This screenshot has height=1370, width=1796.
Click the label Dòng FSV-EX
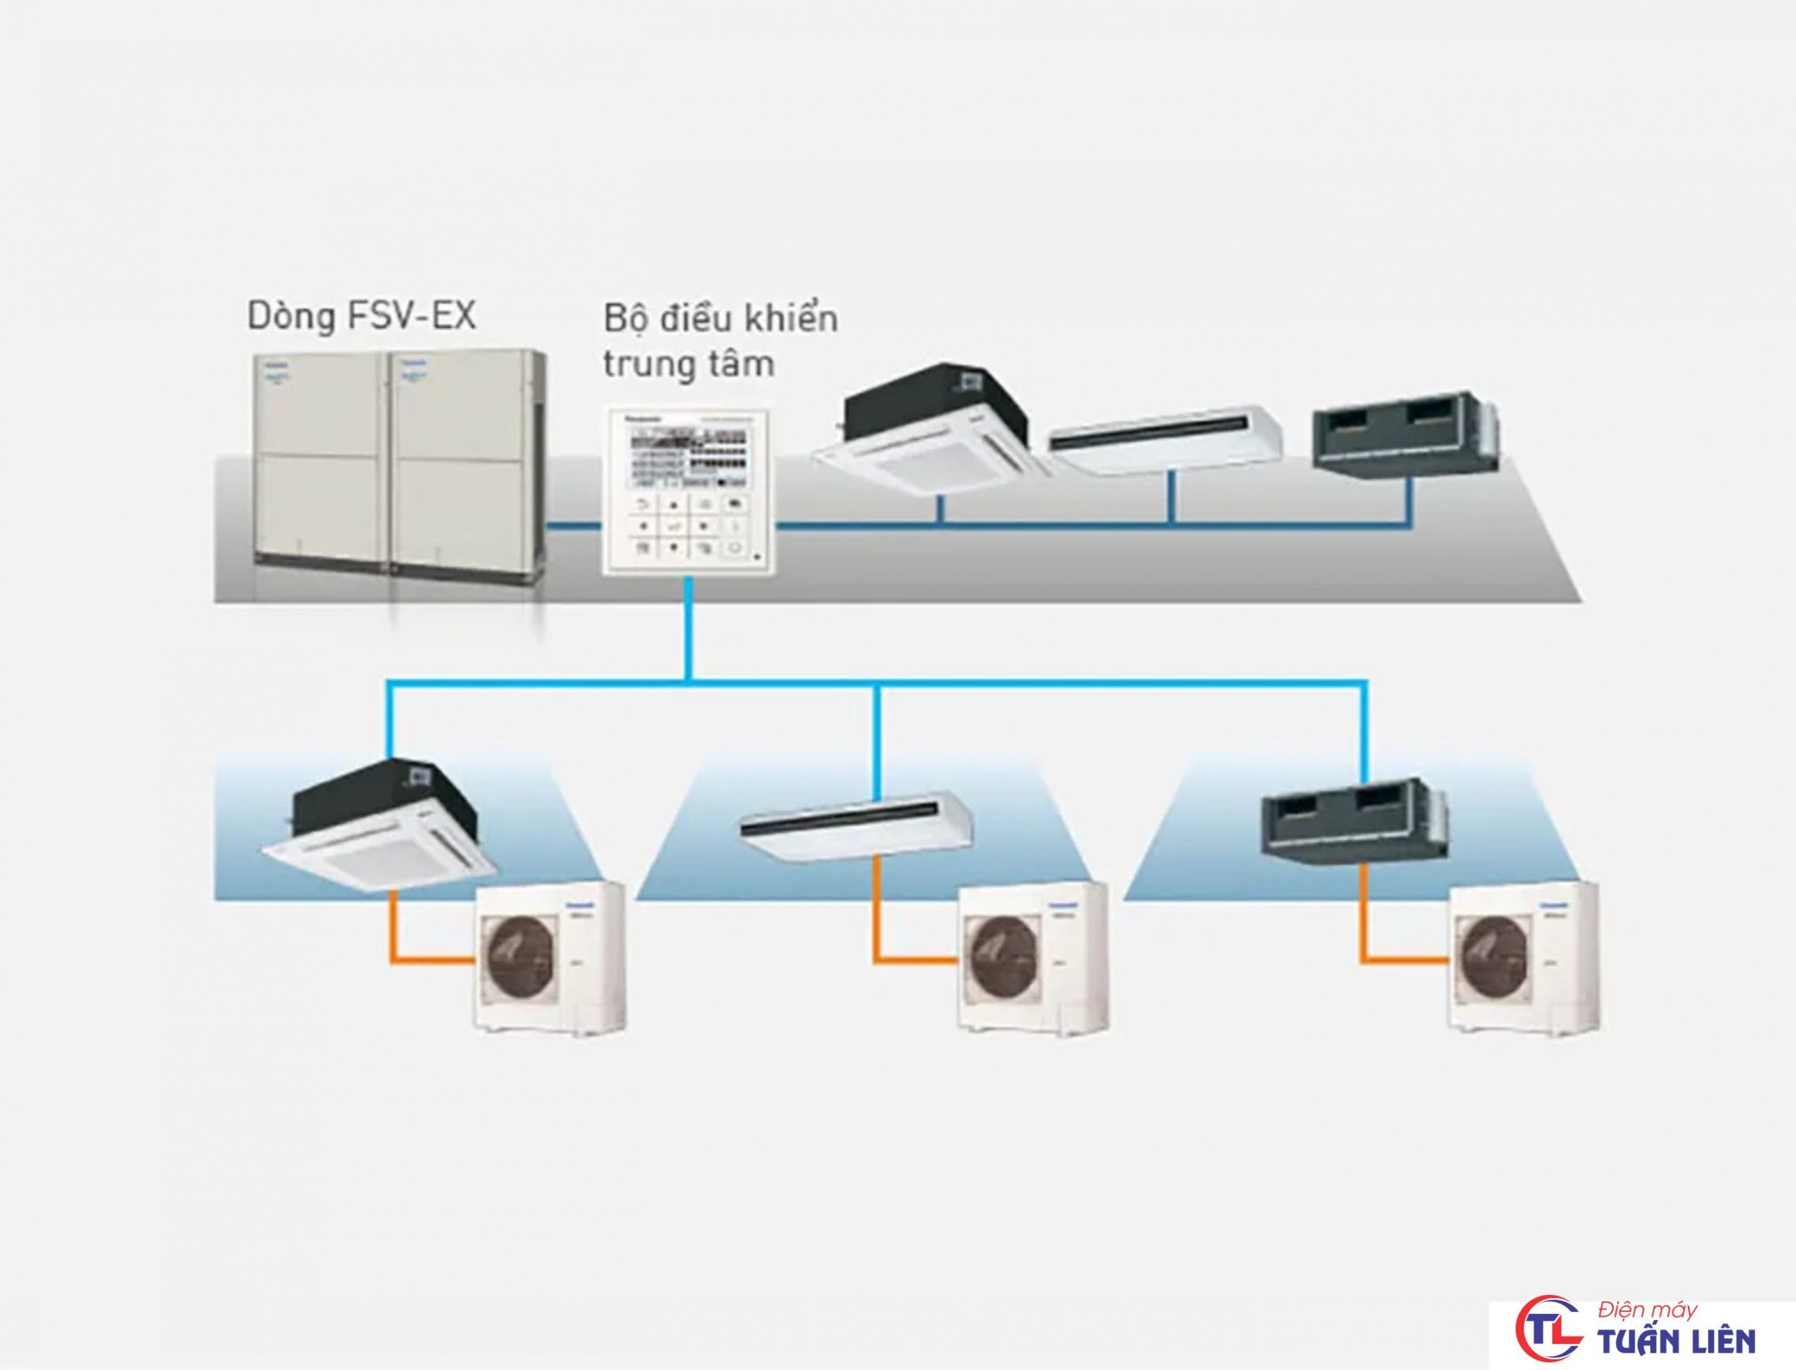tap(361, 317)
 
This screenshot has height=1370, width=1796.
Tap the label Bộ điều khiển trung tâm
tap(720, 341)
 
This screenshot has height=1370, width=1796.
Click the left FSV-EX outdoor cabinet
tap(320, 460)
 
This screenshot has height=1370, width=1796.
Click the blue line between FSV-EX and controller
tap(573, 528)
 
